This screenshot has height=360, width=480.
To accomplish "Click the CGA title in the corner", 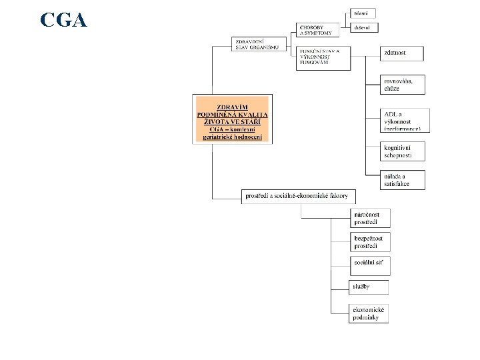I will point(63,21).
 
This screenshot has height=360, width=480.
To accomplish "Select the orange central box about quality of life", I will point(232,120).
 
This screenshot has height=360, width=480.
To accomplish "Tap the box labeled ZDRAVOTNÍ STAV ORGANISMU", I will point(259,44).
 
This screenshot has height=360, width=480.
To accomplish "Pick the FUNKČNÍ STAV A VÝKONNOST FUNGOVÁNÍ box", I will point(323,59).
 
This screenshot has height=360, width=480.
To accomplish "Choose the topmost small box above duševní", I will point(364,13).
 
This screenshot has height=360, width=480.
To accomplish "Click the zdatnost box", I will point(402,53).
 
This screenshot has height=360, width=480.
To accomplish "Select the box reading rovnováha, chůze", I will point(403,84).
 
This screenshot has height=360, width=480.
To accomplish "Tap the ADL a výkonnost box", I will point(405,119).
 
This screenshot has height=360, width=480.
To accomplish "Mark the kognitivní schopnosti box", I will point(403,151).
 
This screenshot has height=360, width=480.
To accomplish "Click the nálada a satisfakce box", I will point(403,179).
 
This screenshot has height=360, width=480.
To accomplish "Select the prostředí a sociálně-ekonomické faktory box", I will point(299,196).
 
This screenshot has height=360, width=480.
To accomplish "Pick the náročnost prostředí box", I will point(370,217).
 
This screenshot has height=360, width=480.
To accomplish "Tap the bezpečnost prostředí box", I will point(369,241).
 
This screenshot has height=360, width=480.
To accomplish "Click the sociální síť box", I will point(369,265).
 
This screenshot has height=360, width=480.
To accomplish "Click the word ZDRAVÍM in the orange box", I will point(232,107).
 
